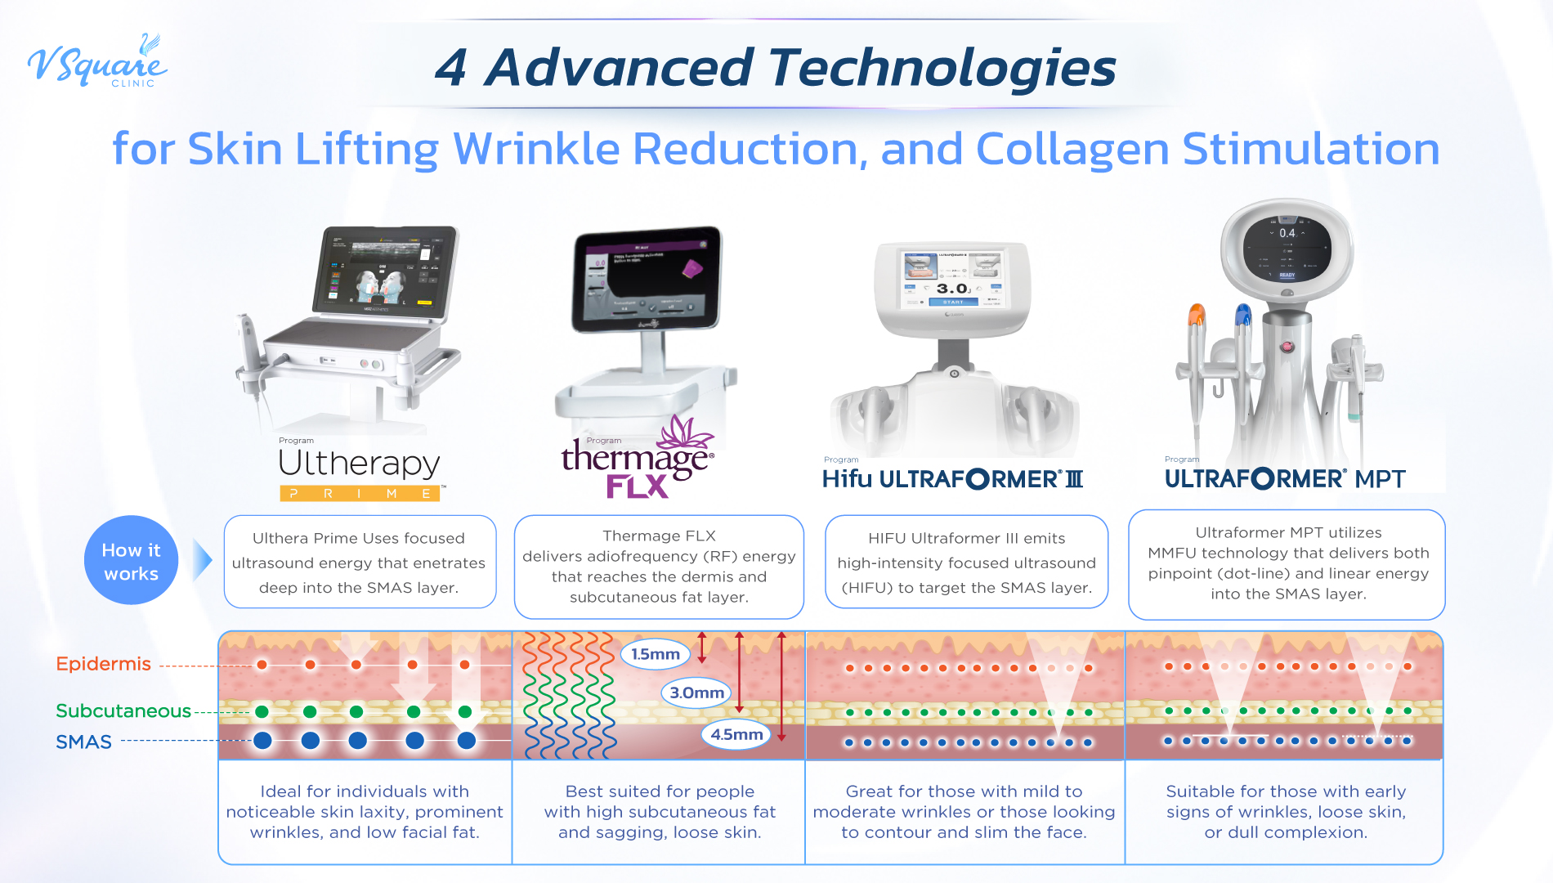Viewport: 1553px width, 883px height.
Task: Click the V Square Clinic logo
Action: click(96, 62)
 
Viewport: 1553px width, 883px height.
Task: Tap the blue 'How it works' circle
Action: click(131, 561)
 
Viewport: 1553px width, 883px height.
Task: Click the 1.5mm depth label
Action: click(656, 654)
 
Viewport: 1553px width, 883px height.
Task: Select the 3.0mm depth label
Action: click(696, 693)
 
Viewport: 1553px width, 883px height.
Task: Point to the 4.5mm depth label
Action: click(736, 734)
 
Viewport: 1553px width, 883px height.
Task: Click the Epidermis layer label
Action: click(103, 664)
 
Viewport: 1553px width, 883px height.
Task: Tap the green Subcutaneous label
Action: click(123, 710)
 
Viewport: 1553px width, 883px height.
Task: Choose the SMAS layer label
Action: click(83, 742)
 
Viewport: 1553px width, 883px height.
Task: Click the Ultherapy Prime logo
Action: click(360, 473)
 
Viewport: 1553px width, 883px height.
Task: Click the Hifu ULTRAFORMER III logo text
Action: click(952, 478)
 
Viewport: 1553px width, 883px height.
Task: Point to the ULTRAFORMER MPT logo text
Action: click(1285, 478)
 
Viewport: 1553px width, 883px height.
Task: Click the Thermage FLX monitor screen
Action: click(646, 280)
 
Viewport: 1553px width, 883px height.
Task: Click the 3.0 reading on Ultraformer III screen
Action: click(952, 289)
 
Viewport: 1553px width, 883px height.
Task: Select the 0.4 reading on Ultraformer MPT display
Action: click(1287, 233)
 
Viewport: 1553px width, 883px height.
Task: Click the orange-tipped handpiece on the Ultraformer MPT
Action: click(1196, 314)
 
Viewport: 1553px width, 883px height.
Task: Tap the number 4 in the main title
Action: click(450, 68)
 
